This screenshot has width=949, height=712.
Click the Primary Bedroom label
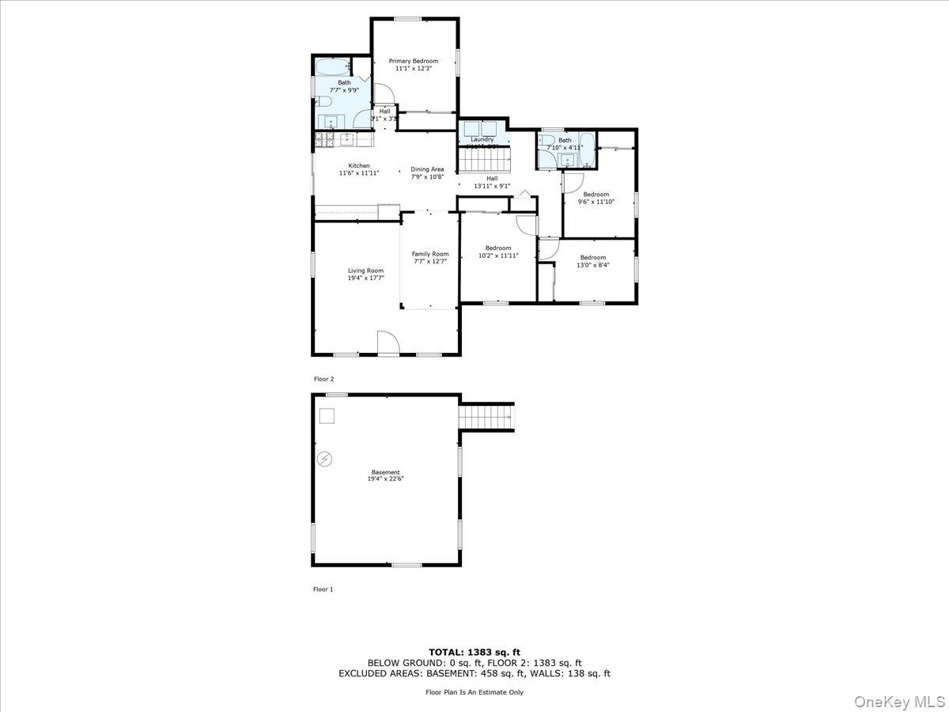(x=413, y=61)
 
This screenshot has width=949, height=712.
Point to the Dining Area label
(x=427, y=169)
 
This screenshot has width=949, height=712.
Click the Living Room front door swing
(x=388, y=343)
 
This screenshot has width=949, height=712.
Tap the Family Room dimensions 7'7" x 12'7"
(x=429, y=261)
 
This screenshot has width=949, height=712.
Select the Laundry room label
(x=482, y=139)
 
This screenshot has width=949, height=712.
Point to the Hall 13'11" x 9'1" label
(x=492, y=182)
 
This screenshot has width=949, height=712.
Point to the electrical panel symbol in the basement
(x=323, y=458)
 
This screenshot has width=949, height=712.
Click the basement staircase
(x=486, y=415)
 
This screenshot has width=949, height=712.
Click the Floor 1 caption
(x=323, y=589)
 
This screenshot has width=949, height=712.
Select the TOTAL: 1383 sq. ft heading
(x=475, y=651)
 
